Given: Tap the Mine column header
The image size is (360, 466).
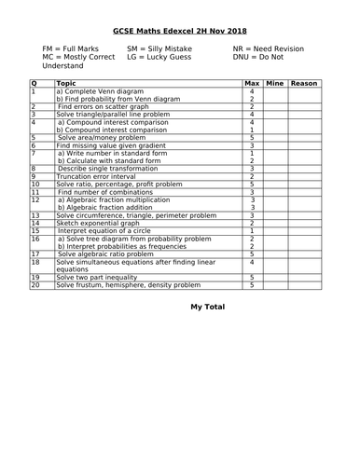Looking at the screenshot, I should (x=274, y=84).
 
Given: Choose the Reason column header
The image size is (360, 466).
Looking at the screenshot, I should (x=303, y=84).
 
